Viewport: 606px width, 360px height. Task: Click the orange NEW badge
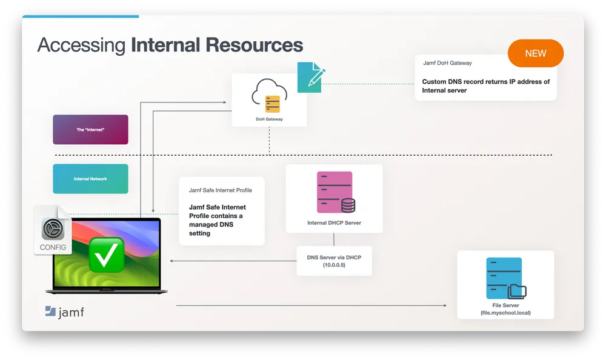tap(535, 53)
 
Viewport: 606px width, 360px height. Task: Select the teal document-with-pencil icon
tap(311, 77)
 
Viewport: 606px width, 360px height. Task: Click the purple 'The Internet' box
tap(90, 130)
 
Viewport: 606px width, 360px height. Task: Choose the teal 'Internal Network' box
tap(90, 179)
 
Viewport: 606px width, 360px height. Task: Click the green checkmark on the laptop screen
tap(107, 255)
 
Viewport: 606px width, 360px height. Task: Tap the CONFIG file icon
tap(53, 230)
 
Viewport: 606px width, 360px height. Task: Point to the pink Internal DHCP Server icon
tap(335, 192)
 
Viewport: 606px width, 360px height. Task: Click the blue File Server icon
tap(504, 279)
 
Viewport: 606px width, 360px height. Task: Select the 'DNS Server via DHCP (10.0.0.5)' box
tap(334, 261)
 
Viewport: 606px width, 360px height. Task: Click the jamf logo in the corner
tap(64, 312)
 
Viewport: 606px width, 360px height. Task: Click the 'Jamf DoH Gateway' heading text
tap(447, 63)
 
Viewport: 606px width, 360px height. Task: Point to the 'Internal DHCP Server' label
tap(334, 223)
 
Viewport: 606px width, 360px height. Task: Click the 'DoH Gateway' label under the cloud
tap(269, 119)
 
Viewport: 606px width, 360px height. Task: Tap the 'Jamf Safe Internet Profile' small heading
tap(221, 190)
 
